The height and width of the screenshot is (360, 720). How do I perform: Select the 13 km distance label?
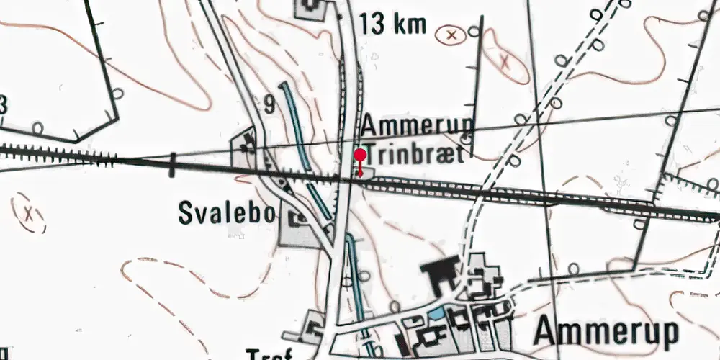click(x=394, y=25)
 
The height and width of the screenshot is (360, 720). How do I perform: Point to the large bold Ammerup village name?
click(x=607, y=333)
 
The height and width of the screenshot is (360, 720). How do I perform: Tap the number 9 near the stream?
click(x=269, y=105)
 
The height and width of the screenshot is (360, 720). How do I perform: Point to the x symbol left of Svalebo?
click(x=28, y=214)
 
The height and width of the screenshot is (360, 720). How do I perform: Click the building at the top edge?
click(x=312, y=6)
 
